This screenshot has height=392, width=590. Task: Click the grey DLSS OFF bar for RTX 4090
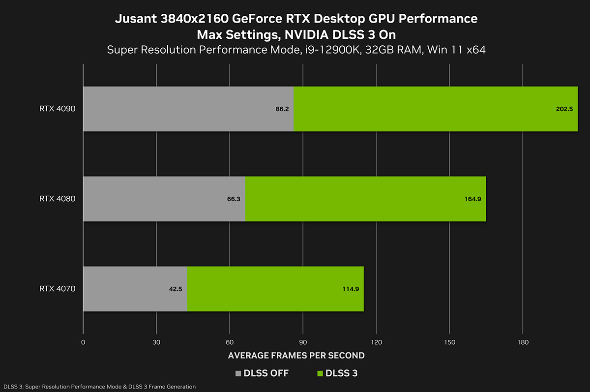[x=188, y=109]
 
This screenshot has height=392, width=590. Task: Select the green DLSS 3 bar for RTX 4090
[x=435, y=109]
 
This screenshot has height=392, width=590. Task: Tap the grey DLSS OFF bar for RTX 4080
[x=164, y=199]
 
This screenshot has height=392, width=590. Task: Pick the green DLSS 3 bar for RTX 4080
[x=365, y=199]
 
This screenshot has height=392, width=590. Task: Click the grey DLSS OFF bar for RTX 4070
[x=135, y=289]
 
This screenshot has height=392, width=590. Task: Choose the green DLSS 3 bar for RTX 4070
[x=275, y=289]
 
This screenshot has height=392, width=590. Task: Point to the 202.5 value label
[x=564, y=109]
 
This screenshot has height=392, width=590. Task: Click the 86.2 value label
[x=282, y=109]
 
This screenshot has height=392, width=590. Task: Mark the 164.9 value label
[x=472, y=199]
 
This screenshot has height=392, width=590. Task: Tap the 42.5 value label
[x=176, y=289]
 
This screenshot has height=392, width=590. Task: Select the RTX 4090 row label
[x=58, y=109]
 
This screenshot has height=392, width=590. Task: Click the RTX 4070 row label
[x=58, y=289]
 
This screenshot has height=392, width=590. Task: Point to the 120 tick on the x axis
[x=376, y=342]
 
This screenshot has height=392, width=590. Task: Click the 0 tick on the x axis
[x=83, y=342]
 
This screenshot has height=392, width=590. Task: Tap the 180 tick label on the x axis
[x=523, y=342]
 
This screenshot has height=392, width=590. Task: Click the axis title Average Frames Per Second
[x=296, y=355]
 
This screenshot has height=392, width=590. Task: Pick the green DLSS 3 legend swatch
[x=322, y=373]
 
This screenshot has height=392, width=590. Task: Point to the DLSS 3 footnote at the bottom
[x=99, y=387]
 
